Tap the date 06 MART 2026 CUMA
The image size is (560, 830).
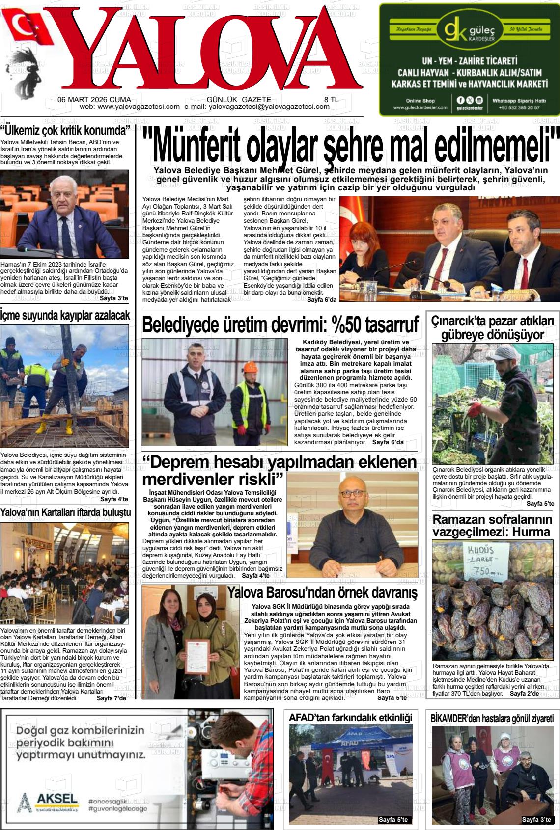(x=90, y=99)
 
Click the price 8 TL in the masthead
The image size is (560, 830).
(x=331, y=99)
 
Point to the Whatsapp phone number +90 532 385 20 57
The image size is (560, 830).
(x=519, y=107)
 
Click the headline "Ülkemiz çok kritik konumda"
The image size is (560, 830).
(x=66, y=131)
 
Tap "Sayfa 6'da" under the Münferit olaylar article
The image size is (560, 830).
(x=322, y=300)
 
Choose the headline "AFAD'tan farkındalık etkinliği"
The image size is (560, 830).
(x=350, y=717)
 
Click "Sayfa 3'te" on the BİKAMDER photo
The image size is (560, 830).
(x=536, y=819)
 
